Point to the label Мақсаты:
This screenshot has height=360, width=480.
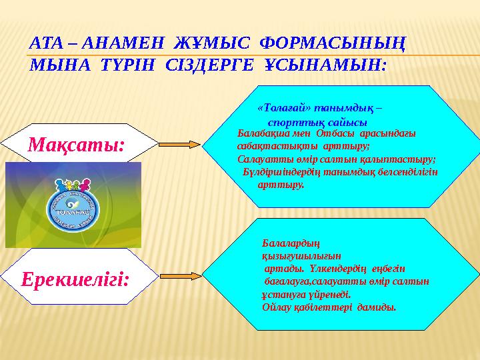click(76, 143)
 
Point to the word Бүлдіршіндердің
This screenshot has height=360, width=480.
click(287, 172)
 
